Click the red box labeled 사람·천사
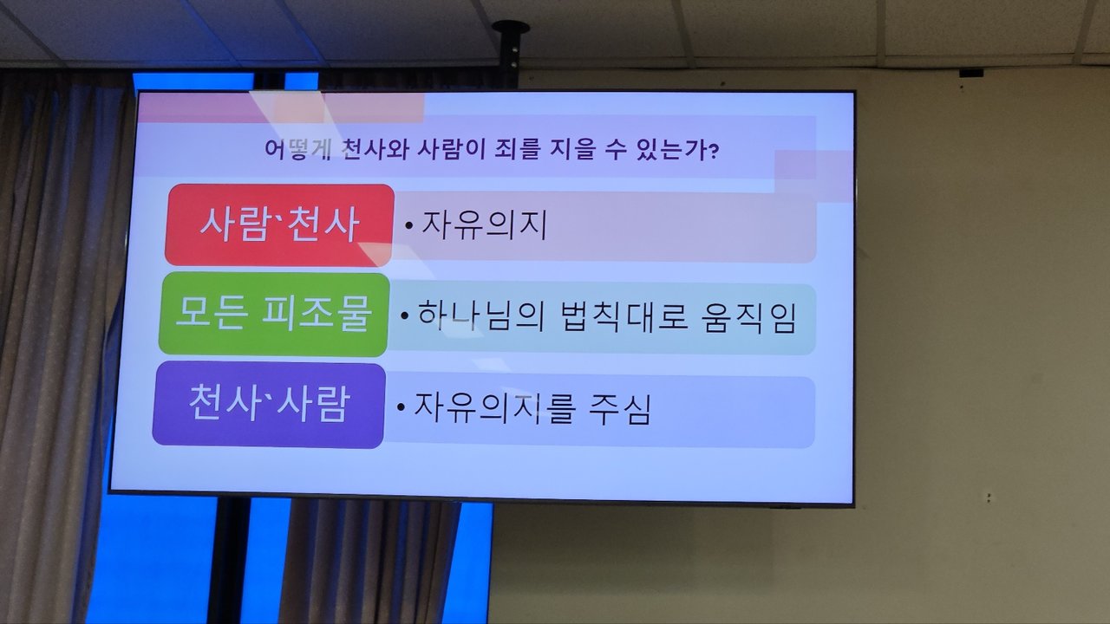(x=279, y=225)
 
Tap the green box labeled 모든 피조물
(x=274, y=315)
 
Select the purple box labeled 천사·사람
(x=269, y=405)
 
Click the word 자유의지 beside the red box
(x=484, y=226)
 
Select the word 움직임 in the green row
(x=748, y=317)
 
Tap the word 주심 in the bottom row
(x=619, y=408)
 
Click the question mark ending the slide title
(x=714, y=151)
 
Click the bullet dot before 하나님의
(x=405, y=315)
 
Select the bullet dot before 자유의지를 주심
(x=401, y=407)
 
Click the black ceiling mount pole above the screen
(x=510, y=55)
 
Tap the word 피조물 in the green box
(x=317, y=315)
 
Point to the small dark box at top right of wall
(x=970, y=74)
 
